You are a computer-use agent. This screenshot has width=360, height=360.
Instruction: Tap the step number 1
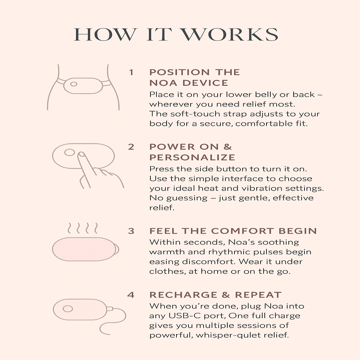[131, 72]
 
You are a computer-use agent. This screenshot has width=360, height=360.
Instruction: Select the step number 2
[131, 147]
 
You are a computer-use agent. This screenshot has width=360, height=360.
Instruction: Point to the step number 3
[131, 231]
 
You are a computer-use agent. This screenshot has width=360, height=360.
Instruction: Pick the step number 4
[131, 295]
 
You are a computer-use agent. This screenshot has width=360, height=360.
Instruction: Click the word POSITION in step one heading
[180, 72]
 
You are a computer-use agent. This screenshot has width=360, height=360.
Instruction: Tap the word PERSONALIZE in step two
[192, 157]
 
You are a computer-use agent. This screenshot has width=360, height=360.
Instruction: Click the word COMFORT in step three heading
[243, 231]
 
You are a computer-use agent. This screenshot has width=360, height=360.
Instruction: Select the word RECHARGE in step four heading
[184, 295]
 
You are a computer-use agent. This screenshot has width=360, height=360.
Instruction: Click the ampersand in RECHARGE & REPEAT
[226, 295]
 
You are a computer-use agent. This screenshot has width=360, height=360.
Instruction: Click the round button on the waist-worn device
[74, 84]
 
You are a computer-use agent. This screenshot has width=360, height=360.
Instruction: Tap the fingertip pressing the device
[81, 155]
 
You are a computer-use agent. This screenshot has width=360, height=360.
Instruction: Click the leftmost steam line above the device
[70, 228]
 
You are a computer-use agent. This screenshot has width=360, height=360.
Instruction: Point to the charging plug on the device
[110, 309]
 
